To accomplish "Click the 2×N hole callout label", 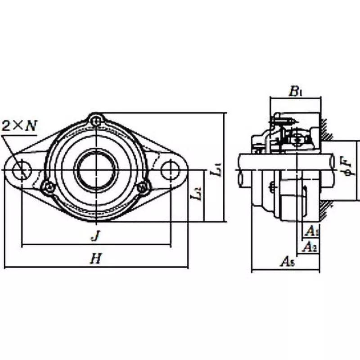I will pos(19,126).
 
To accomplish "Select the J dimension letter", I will pos(95,235).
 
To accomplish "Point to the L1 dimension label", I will pos(216,170).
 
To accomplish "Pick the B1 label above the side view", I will pos(295,92).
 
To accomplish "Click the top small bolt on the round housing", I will pos(96,120).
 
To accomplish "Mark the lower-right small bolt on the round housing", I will pos(143,186).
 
